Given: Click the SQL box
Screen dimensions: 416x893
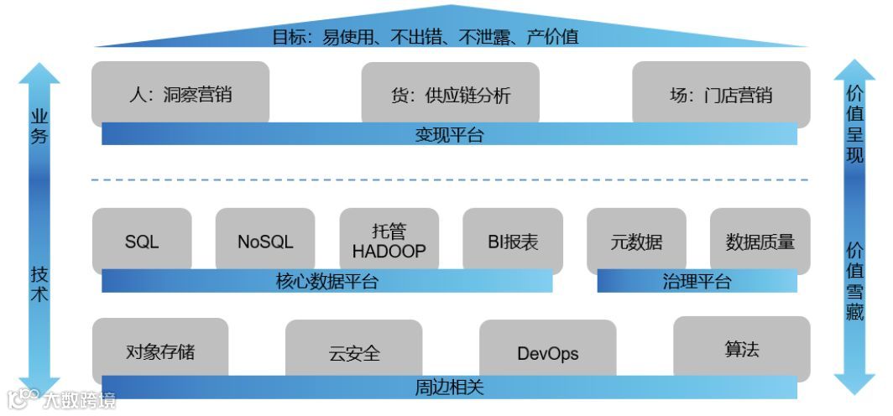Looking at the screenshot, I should (x=142, y=242).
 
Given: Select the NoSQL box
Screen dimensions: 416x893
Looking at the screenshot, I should (x=265, y=242).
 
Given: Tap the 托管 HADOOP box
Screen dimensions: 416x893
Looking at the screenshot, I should (x=389, y=241).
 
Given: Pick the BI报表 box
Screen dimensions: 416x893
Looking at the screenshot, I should (x=513, y=242).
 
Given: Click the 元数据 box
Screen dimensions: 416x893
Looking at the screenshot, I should (x=636, y=242).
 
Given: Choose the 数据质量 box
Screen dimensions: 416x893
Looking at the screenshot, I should (x=760, y=242).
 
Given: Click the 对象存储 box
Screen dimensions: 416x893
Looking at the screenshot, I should (x=160, y=350).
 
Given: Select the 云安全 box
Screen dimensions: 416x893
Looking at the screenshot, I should (x=354, y=353).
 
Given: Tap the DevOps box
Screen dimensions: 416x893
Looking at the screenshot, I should (x=547, y=353).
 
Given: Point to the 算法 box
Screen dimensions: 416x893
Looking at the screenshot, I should (x=742, y=349).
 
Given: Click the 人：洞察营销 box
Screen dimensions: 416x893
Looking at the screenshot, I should (x=180, y=94).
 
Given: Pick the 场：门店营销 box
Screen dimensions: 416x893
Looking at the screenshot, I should (x=721, y=94).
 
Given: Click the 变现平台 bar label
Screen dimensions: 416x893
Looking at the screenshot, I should (x=449, y=135).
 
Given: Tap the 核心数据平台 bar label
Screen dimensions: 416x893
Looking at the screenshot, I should (x=327, y=282).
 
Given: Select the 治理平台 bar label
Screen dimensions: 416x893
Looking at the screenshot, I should (x=697, y=282).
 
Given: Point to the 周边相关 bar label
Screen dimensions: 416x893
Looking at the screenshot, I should (x=449, y=388).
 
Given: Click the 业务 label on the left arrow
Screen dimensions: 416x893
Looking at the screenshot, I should (x=39, y=127).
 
